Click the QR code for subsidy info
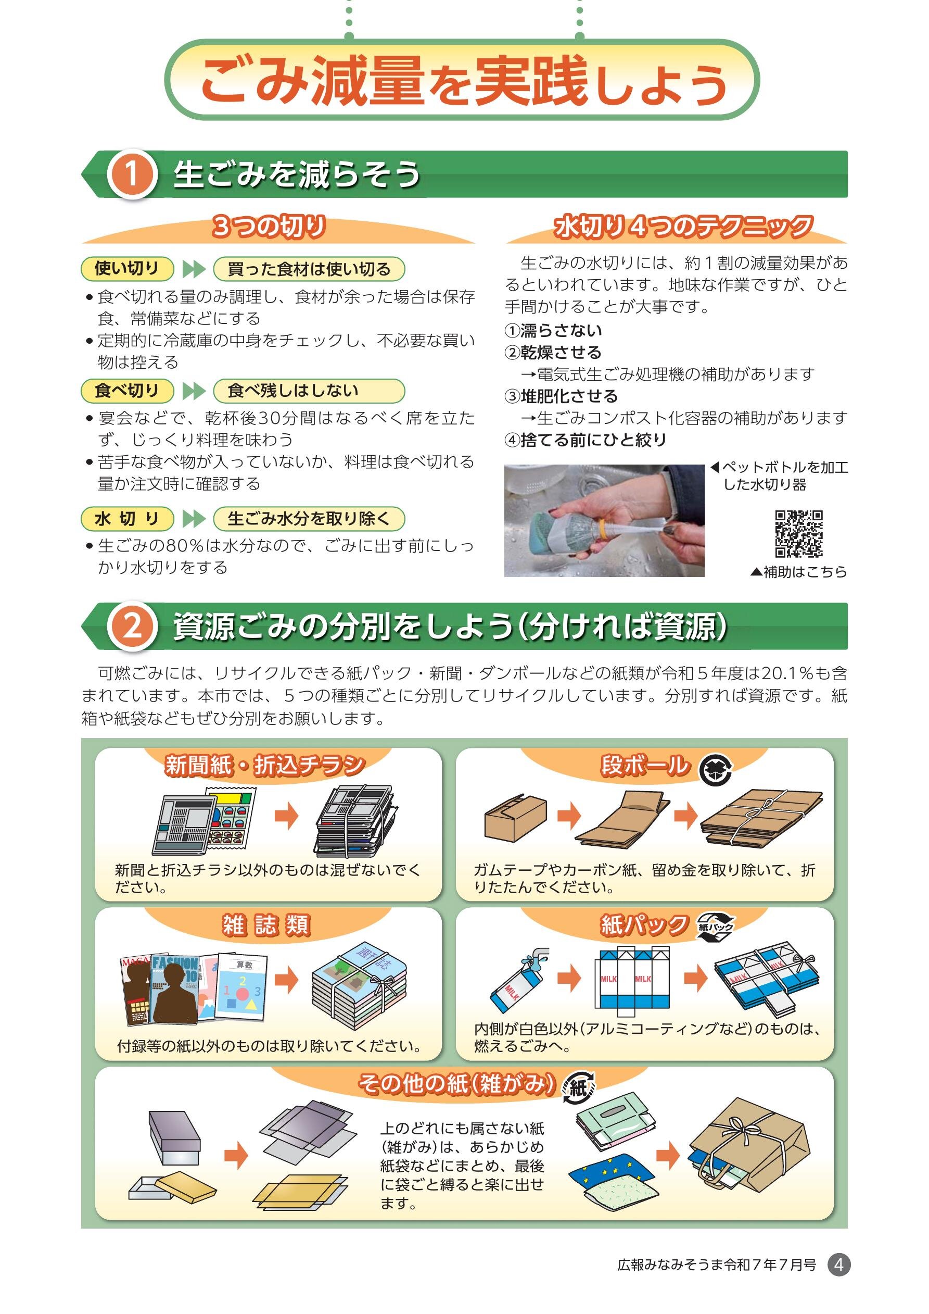tap(798, 533)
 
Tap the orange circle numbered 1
tap(132, 174)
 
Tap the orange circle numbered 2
tap(132, 626)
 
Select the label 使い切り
tap(127, 268)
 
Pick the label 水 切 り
tap(127, 519)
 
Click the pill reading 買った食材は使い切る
tap(309, 268)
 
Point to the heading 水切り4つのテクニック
tap(683, 227)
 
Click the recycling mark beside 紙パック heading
tap(715, 927)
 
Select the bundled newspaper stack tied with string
tap(356, 820)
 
